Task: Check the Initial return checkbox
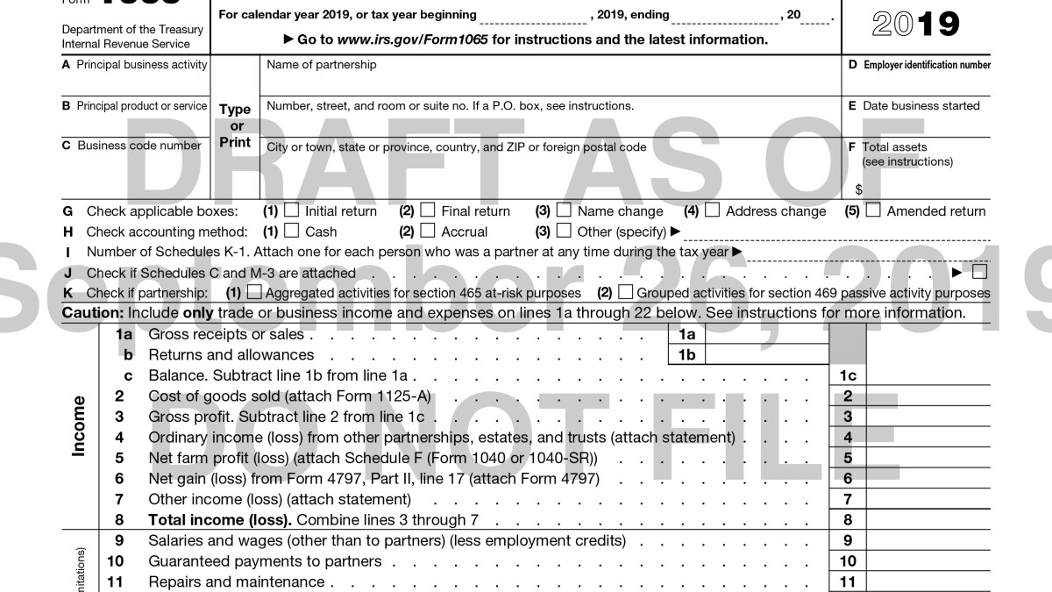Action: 291,210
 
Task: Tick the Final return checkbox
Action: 428,210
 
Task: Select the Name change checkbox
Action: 564,210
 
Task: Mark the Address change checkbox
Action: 713,210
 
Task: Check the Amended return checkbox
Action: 873,210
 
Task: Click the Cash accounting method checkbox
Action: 291,232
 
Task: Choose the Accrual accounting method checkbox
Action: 428,232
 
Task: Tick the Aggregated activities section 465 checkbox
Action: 254,292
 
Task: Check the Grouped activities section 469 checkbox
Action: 626,292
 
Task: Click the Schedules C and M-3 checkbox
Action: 979,272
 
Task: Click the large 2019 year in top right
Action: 916,24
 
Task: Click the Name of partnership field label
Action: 322,64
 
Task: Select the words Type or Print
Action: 235,125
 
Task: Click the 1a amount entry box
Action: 767,334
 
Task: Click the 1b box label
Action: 686,355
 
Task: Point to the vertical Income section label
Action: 79,426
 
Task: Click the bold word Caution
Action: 92,313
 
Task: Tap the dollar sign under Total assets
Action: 858,189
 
